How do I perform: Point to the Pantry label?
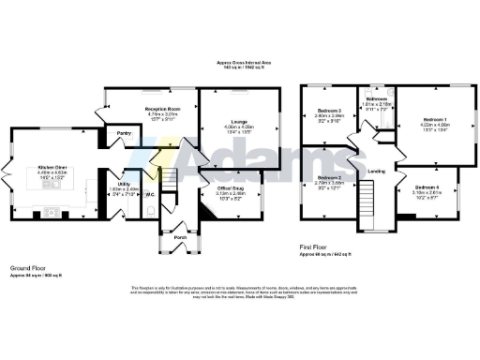(123, 134)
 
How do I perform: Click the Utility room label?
(124, 185)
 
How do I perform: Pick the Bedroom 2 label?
(326, 177)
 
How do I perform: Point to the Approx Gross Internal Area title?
(241, 62)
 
